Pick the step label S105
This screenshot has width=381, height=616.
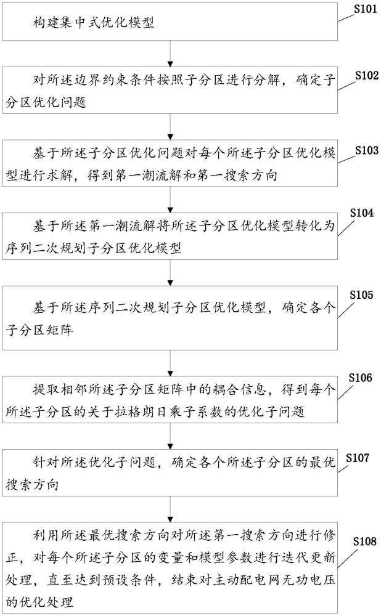click(x=361, y=294)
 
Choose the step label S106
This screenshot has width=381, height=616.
click(x=360, y=377)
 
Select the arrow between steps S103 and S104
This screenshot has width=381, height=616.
click(x=170, y=200)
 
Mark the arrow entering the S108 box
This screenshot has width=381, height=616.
click(x=170, y=509)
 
